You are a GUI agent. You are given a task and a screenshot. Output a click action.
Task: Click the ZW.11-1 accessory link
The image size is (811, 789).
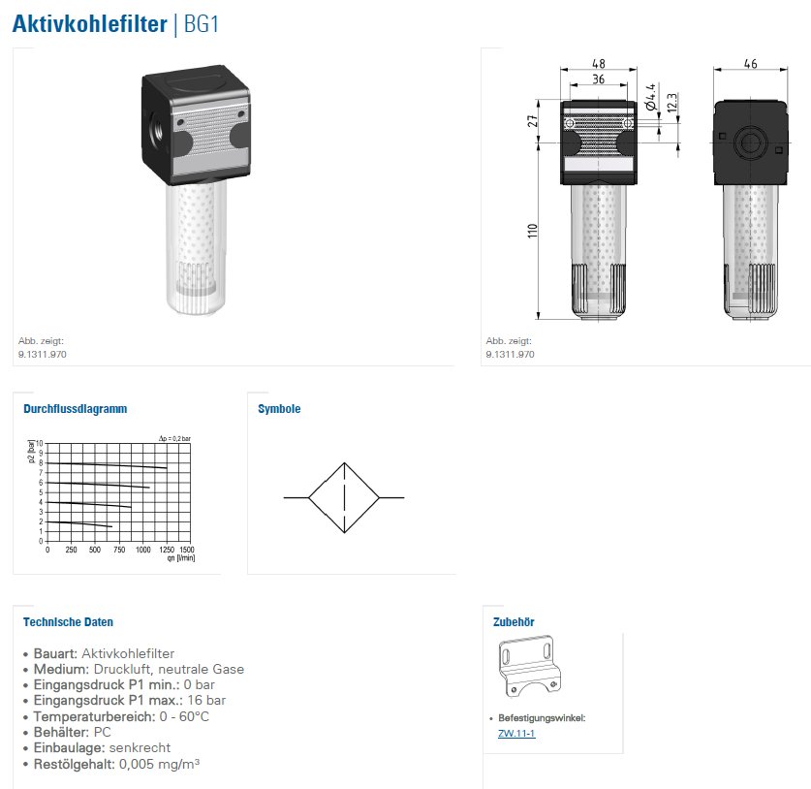(516, 733)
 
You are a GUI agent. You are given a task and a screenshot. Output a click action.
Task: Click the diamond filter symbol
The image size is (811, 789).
(344, 497)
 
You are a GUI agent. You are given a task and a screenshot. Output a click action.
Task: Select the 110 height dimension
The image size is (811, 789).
(533, 231)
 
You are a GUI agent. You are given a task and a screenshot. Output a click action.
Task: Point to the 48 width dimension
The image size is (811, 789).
(599, 64)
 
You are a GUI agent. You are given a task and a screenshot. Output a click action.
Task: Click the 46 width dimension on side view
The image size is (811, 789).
(751, 64)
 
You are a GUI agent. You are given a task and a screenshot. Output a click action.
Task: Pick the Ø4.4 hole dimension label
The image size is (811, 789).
(651, 97)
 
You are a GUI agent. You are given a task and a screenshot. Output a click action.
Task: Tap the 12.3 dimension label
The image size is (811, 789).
(671, 103)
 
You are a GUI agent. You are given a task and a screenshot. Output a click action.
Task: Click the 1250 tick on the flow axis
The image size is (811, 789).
(167, 550)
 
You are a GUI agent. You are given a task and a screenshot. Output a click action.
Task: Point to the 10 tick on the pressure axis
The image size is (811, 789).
(40, 443)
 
